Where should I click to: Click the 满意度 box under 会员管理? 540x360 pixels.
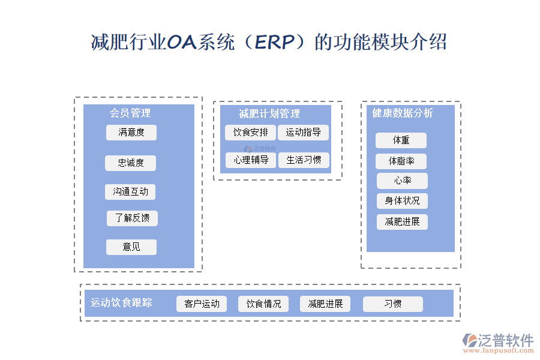[131, 133]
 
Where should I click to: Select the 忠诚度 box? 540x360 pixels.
[130, 163]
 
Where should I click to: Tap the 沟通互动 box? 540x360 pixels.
[130, 192]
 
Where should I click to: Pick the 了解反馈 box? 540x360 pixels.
[132, 218]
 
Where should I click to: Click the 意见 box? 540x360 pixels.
[131, 247]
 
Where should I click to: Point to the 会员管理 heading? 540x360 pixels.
[130, 113]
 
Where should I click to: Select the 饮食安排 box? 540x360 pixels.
[251, 133]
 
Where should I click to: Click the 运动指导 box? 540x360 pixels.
[303, 133]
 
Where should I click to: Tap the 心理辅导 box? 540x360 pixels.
[251, 160]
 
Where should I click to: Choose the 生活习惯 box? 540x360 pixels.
[303, 160]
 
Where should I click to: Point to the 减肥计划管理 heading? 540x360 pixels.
[269, 113]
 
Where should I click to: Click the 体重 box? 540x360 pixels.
[401, 140]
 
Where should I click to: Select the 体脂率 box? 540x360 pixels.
[401, 161]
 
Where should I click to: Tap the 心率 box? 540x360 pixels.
[402, 181]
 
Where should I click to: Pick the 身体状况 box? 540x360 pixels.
[402, 200]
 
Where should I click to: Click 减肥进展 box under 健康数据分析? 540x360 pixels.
[402, 222]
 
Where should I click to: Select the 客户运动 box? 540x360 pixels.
[202, 304]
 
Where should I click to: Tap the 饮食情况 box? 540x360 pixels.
[263, 304]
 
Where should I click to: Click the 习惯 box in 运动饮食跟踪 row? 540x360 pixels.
[392, 304]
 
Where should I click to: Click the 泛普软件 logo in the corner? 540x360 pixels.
[497, 342]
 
